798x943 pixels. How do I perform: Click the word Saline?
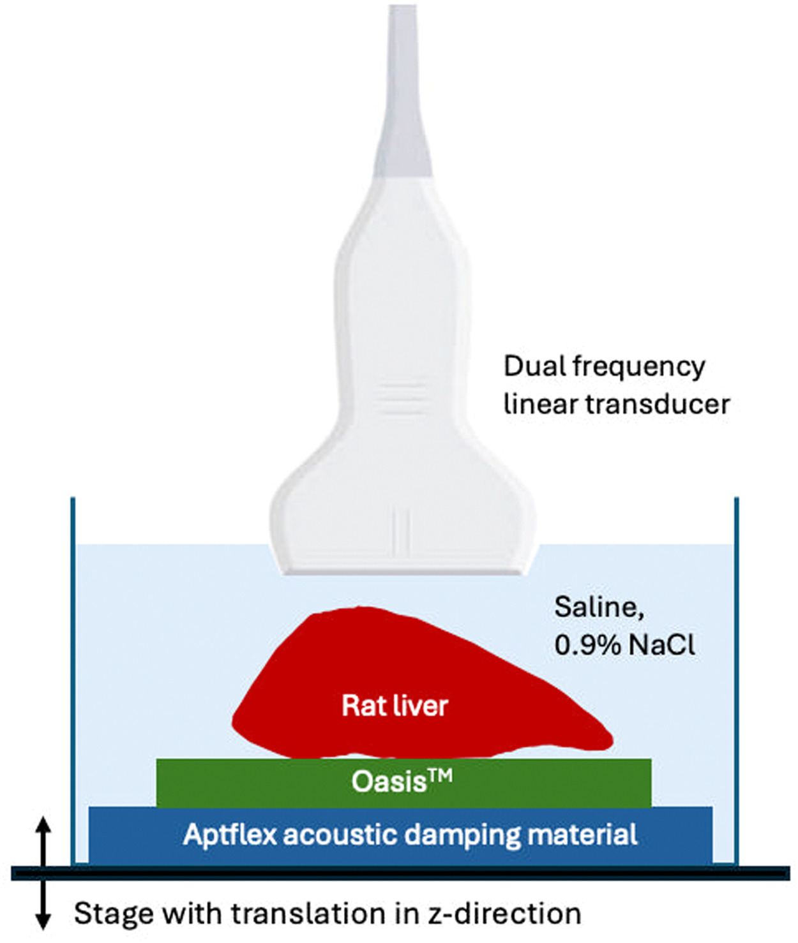coord(599,607)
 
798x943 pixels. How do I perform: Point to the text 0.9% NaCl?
coord(624,645)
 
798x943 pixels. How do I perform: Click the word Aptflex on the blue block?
coord(229,835)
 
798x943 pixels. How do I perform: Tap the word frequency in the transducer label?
coord(638,368)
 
